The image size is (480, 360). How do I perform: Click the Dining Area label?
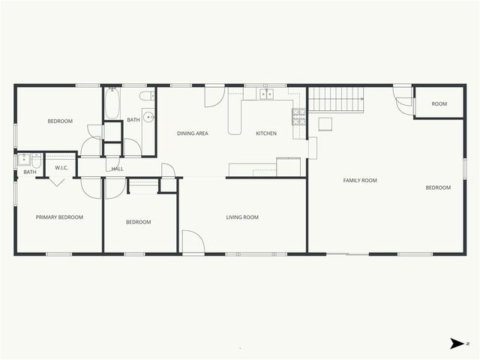point(192,133)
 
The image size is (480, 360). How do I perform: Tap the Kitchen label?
point(266,133)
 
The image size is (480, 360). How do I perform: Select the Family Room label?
point(360,180)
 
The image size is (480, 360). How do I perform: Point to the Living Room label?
point(242,217)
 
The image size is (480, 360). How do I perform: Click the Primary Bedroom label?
point(59,217)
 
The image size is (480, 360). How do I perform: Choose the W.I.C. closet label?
point(61,167)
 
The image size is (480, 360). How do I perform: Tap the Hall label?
point(117,169)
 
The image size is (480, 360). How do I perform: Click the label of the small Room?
point(439,103)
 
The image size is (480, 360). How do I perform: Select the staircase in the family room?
point(337,99)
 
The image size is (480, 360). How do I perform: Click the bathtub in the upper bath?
point(112,104)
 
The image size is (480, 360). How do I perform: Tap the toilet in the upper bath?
point(146,96)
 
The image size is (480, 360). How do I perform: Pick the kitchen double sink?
point(266,94)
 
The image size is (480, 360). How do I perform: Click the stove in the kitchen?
point(298,115)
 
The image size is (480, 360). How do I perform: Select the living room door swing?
point(192,241)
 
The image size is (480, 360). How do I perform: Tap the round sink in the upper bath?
point(148,117)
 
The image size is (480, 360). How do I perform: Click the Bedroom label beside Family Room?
point(439,187)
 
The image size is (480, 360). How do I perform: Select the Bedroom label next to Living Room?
point(138,222)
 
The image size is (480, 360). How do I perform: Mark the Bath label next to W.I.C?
point(30,172)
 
